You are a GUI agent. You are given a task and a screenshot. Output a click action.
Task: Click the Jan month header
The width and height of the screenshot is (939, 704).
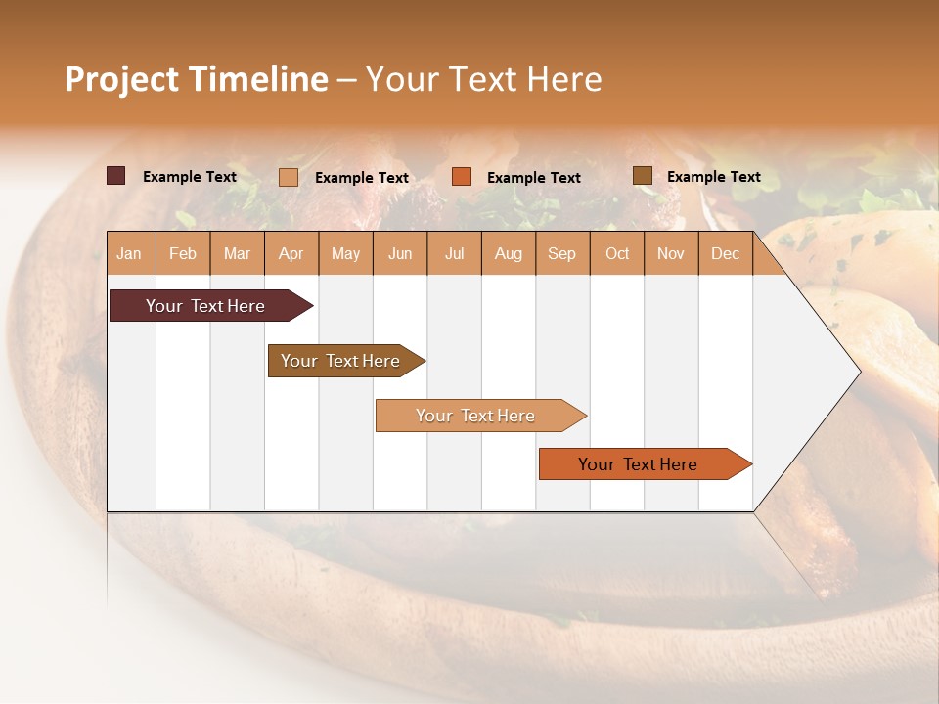pos(129,254)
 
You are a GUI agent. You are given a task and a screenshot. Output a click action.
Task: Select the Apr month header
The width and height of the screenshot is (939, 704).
pos(291,254)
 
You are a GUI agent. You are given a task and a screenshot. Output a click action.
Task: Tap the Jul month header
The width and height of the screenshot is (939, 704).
pos(454,254)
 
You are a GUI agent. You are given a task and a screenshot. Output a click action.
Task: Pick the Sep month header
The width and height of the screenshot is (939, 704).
pos(561,254)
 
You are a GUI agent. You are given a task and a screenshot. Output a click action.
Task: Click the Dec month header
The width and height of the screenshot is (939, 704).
pos(725,254)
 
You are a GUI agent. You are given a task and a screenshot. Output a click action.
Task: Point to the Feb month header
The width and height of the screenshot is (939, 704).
pos(183,254)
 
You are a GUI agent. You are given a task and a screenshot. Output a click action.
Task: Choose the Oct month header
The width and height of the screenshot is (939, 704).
pos(617,254)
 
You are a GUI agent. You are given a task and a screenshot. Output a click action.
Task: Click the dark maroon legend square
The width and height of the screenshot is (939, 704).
pos(115,176)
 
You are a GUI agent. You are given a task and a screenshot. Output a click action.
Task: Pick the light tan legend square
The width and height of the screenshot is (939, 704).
pos(288,177)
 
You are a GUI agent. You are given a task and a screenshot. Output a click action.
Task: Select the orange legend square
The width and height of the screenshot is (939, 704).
pos(462,177)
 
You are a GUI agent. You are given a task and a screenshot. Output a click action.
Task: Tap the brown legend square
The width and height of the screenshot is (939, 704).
pos(642,176)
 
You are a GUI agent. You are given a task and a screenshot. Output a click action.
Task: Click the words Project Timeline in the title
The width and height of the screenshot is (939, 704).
pos(197,79)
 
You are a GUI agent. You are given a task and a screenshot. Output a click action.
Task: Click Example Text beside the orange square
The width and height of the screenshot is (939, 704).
pos(534,178)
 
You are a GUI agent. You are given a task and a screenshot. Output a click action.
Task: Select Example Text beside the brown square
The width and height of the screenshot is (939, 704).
pos(714,177)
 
